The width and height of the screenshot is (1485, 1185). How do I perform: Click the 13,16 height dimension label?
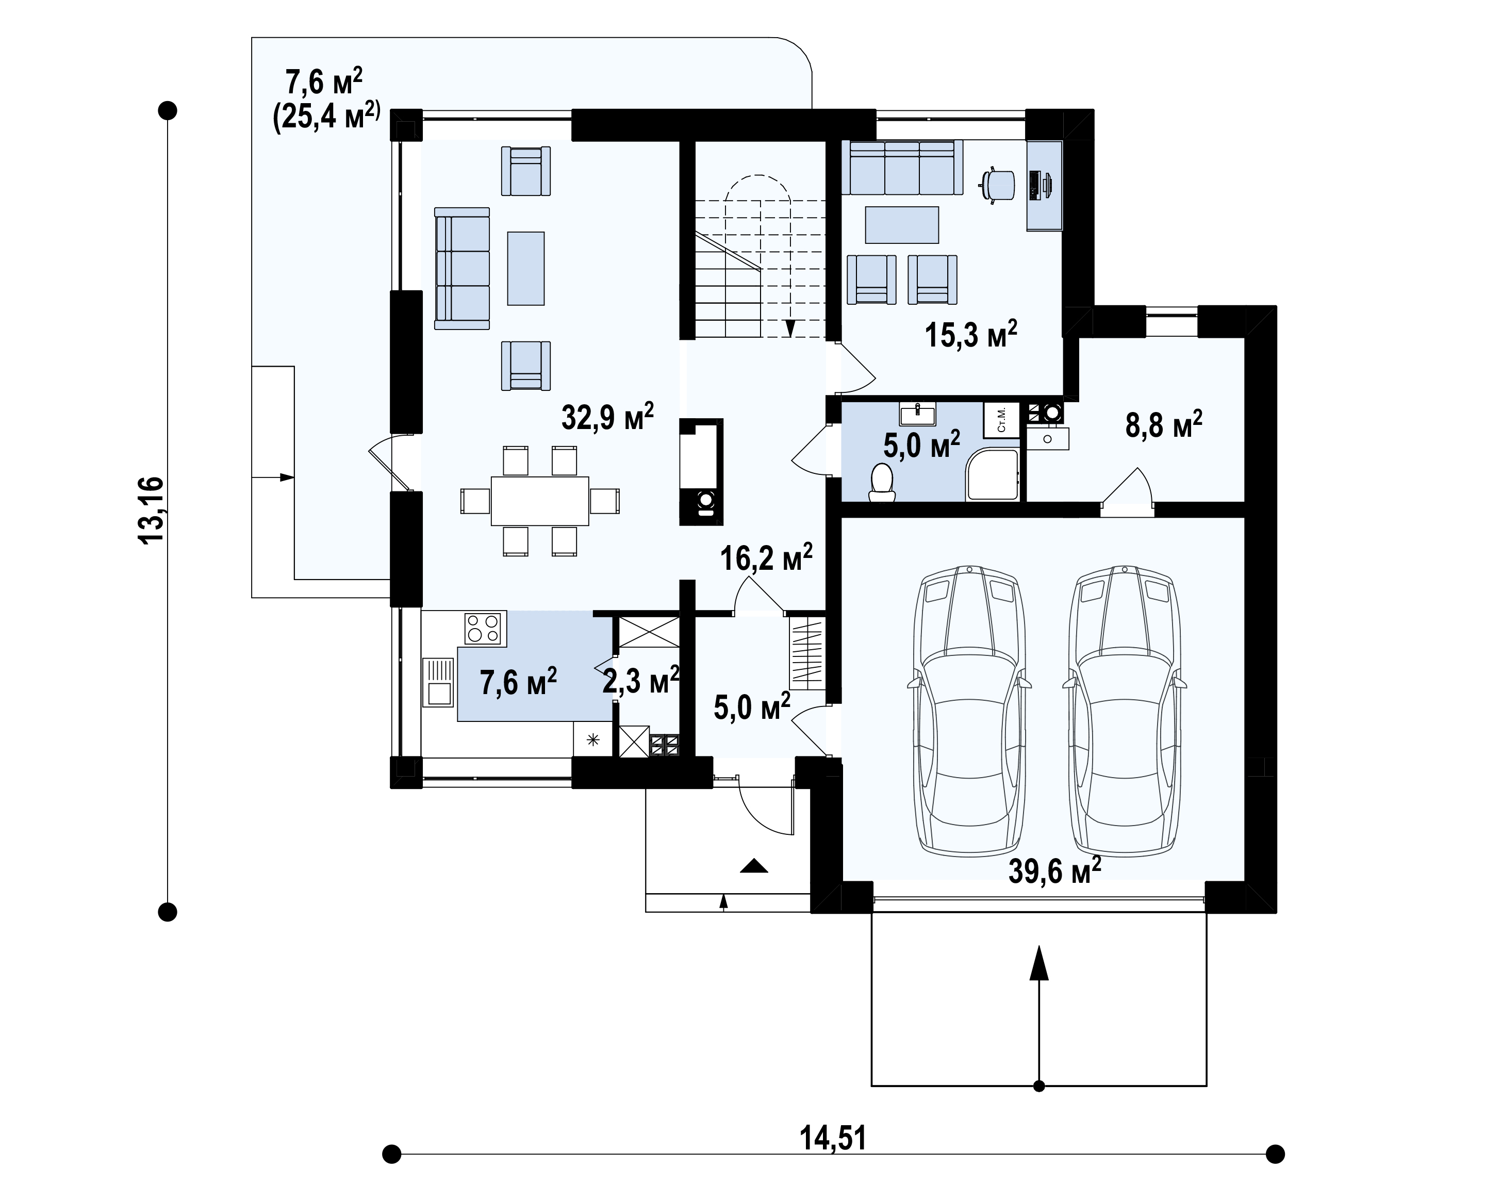click(152, 511)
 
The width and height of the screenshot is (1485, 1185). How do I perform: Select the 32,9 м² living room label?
click(607, 417)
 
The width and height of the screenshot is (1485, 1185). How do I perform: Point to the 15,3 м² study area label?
click(970, 334)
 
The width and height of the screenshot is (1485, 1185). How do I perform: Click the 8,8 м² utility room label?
click(1164, 424)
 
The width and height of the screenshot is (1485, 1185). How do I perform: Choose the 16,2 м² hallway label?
click(766, 557)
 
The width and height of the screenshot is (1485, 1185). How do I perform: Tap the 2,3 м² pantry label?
click(640, 681)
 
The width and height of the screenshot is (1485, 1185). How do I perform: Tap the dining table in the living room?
click(540, 501)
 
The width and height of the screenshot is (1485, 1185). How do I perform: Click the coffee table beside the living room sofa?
click(525, 268)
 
